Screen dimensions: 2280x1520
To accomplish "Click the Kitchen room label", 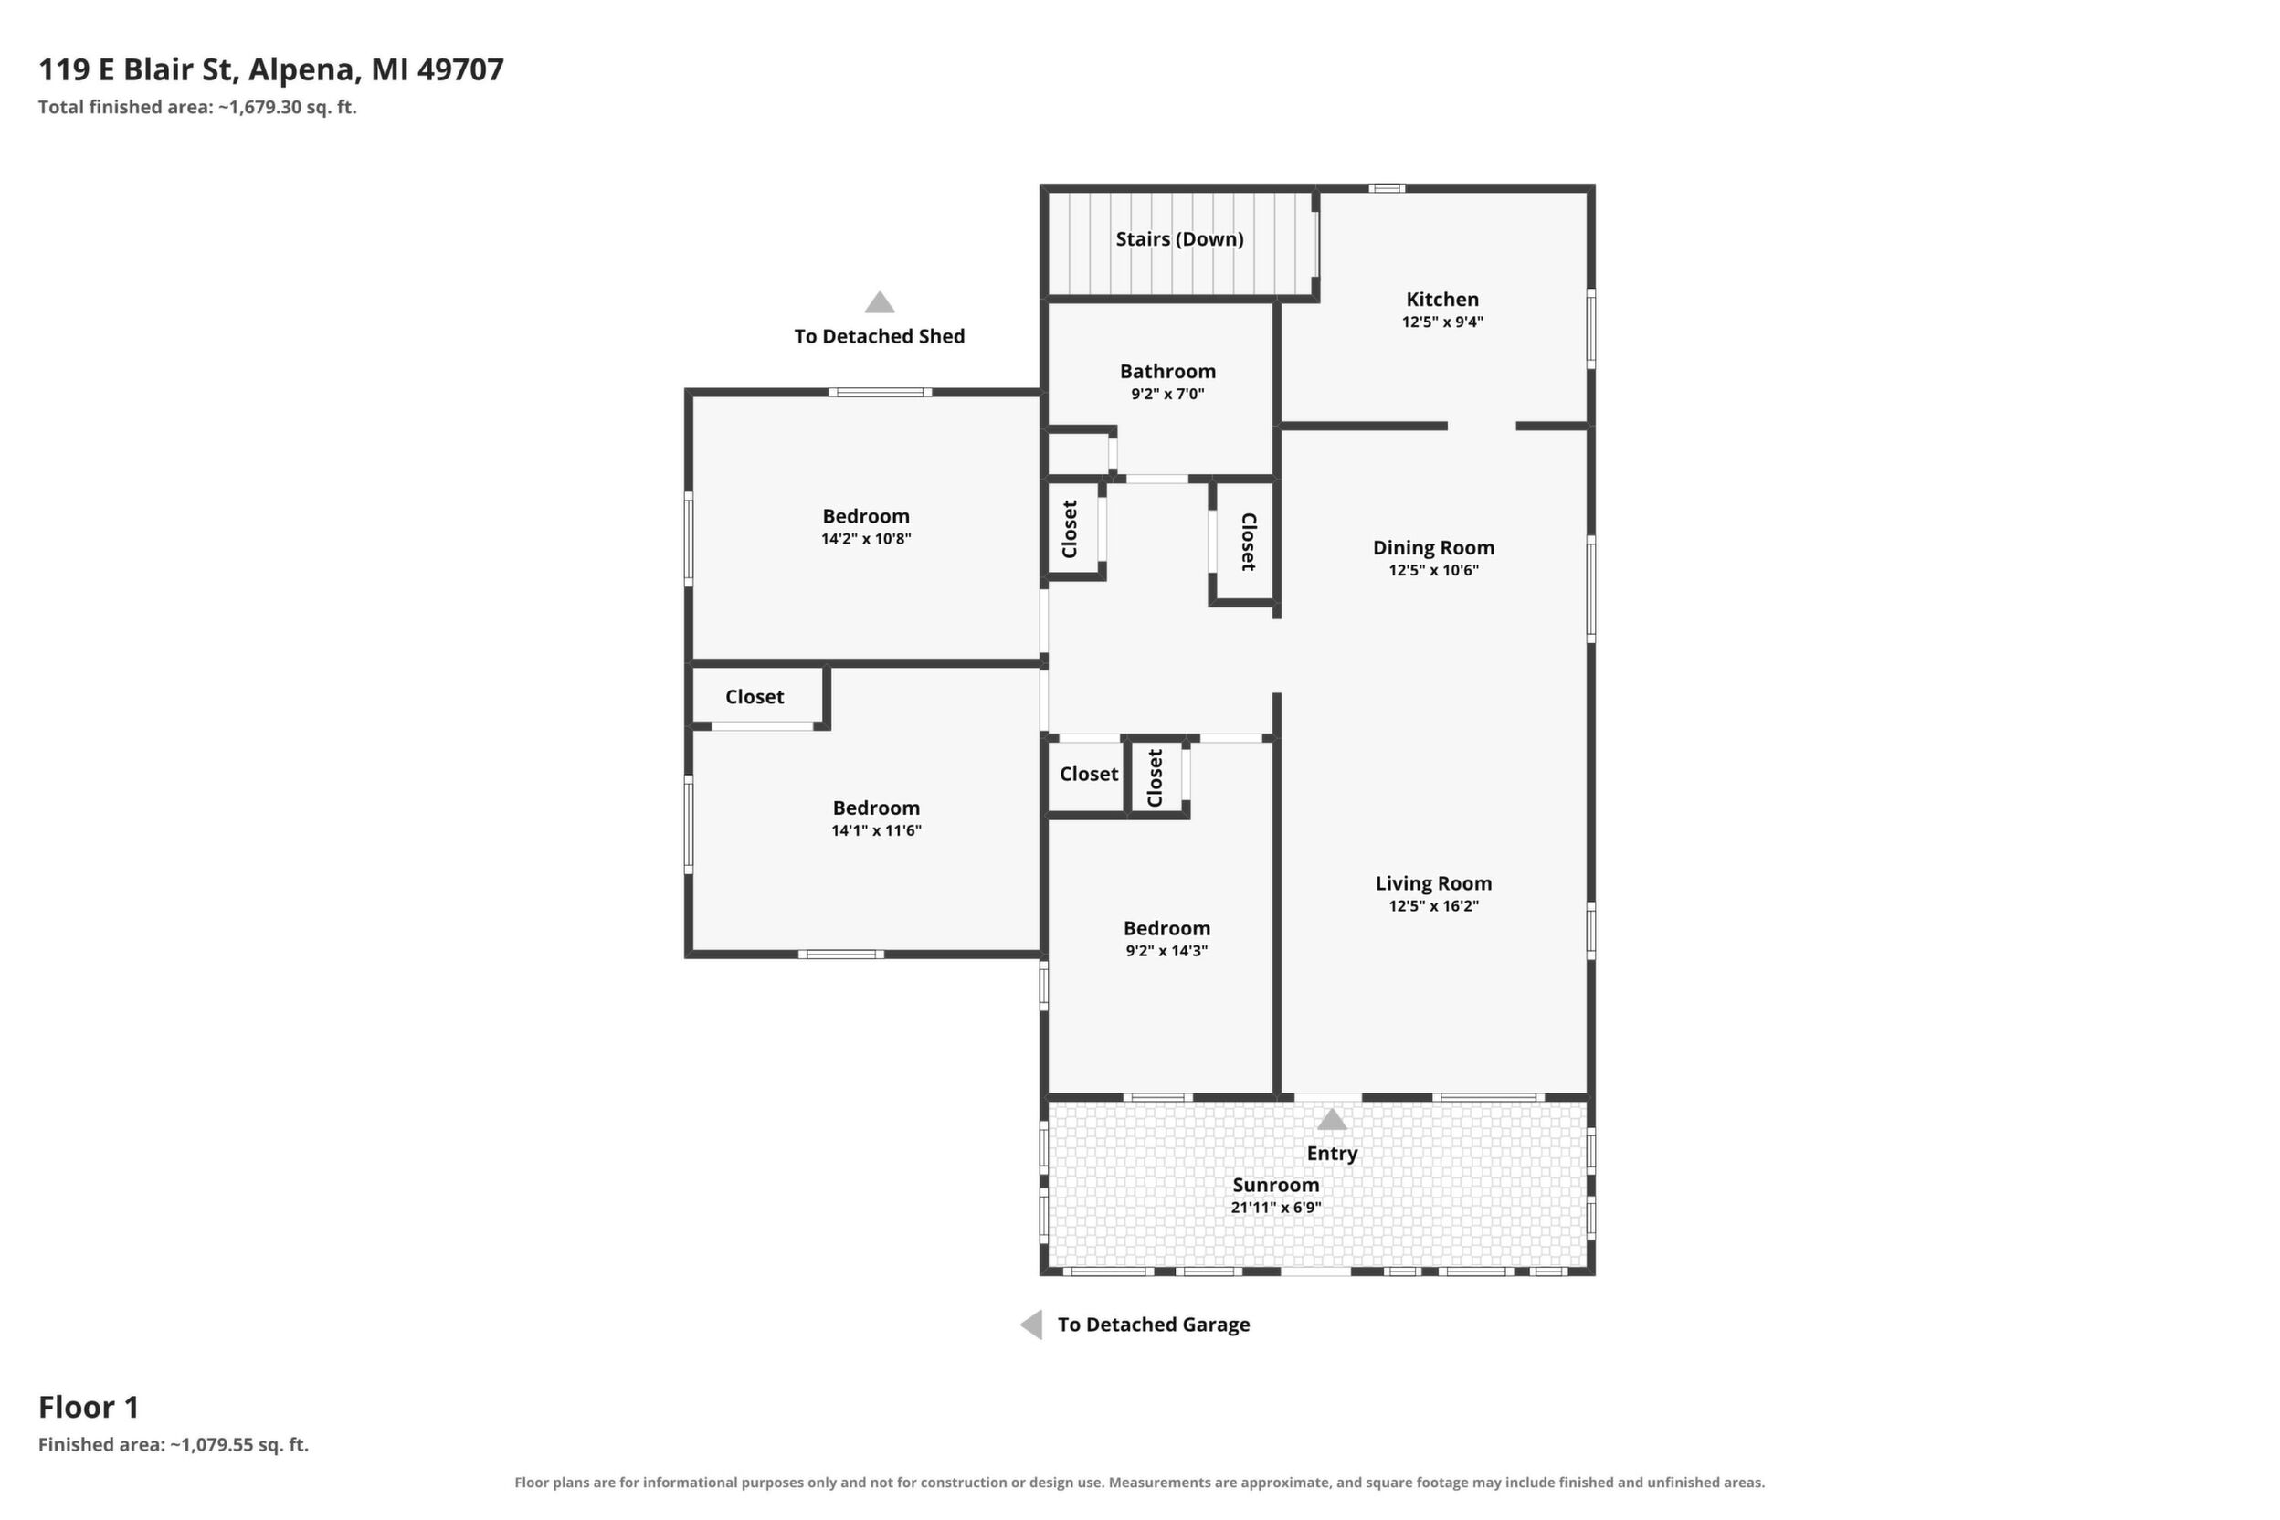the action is (x=1442, y=300).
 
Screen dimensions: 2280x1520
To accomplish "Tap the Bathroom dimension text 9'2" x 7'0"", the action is (x=1167, y=394).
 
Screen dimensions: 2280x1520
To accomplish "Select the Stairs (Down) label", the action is (x=1178, y=239).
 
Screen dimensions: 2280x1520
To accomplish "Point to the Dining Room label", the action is (x=1432, y=548).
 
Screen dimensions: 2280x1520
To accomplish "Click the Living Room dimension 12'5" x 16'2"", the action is (x=1432, y=906).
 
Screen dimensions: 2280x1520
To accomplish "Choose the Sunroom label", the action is (x=1276, y=1185).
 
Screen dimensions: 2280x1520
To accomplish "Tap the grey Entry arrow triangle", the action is (x=1331, y=1120).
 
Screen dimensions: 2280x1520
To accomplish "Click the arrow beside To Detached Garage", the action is (x=1031, y=1325).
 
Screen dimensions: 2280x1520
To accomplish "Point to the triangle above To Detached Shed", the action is (x=880, y=301).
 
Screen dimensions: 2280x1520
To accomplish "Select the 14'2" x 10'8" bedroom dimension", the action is (x=866, y=539).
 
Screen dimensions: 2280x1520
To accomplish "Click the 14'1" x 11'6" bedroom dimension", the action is (x=875, y=830).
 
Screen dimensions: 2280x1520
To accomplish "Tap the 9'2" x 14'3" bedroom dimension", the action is (x=1166, y=951).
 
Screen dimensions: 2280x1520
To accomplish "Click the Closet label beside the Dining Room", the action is (x=1249, y=542).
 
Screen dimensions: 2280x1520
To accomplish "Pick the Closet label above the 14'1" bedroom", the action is (x=755, y=697).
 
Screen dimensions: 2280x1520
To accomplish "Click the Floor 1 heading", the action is (x=89, y=1407).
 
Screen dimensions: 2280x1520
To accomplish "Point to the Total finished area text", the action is (x=197, y=108).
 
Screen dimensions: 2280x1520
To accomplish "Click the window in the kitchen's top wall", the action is (x=1387, y=188).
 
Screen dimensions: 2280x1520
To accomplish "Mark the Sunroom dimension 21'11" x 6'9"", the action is (x=1276, y=1208).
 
